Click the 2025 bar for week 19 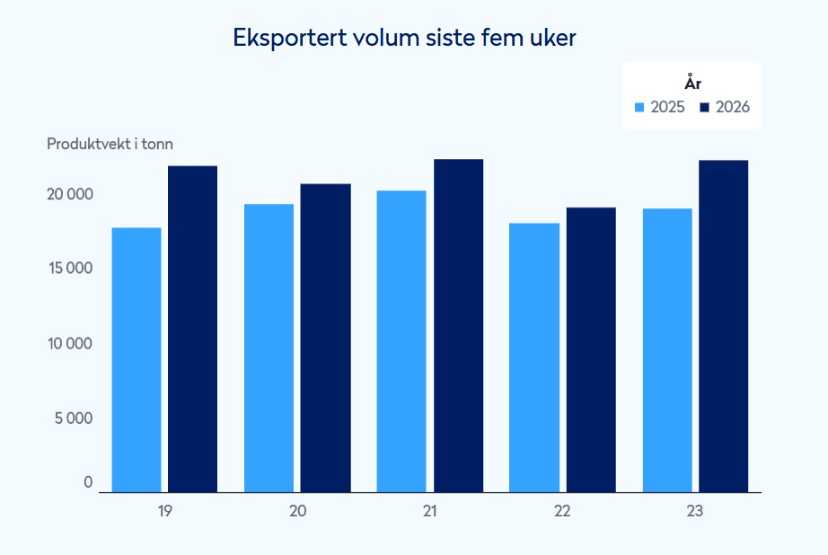point(137,360)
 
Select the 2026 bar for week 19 point(193,329)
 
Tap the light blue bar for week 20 point(269,348)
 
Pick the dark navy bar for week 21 point(458,326)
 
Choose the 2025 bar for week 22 point(534,358)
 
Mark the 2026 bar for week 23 point(724,326)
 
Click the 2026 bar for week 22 point(591,350)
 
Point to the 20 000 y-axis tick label point(70,194)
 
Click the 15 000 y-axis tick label point(71,269)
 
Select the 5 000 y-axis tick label point(74,418)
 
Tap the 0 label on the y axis point(88,482)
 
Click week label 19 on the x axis point(164,511)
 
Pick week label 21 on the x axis point(430,511)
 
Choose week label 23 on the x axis point(695,511)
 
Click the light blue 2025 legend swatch point(639,108)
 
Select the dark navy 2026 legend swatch point(704,108)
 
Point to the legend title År point(692,83)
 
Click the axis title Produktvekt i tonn point(110,145)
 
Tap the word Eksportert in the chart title point(290,38)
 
